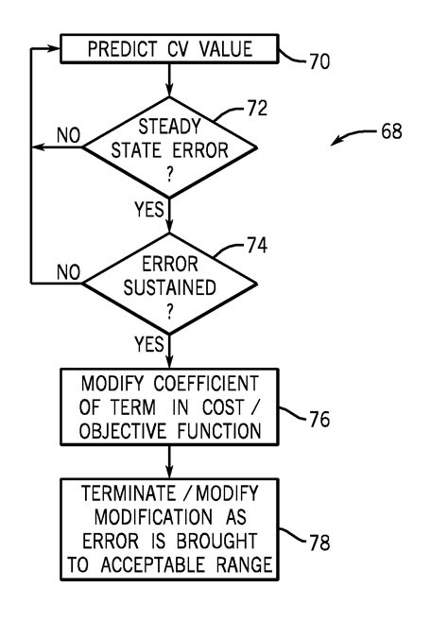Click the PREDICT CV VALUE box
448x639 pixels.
(169, 50)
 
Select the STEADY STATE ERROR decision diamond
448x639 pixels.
(169, 147)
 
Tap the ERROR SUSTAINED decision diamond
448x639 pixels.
(169, 282)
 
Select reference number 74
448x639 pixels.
(253, 246)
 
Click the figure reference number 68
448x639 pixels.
(388, 132)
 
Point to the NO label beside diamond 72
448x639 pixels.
(68, 136)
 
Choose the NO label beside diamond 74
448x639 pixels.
(68, 272)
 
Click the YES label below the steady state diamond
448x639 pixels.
(150, 209)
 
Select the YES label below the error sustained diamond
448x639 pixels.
(150, 344)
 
